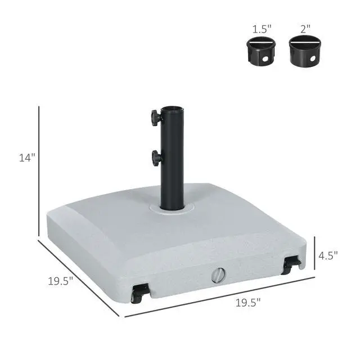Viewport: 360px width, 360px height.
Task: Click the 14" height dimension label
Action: point(27,158)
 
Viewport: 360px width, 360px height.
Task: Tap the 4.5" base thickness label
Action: point(328,255)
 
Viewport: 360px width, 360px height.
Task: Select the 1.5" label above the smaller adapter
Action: point(262,29)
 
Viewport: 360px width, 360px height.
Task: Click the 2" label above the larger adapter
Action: point(305,29)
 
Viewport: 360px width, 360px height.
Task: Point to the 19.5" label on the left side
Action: point(60,281)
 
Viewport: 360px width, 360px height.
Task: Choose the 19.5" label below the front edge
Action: point(248,303)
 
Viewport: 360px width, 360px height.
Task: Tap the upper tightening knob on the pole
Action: point(156,118)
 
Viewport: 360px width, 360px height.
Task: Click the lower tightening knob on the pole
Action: point(156,157)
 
